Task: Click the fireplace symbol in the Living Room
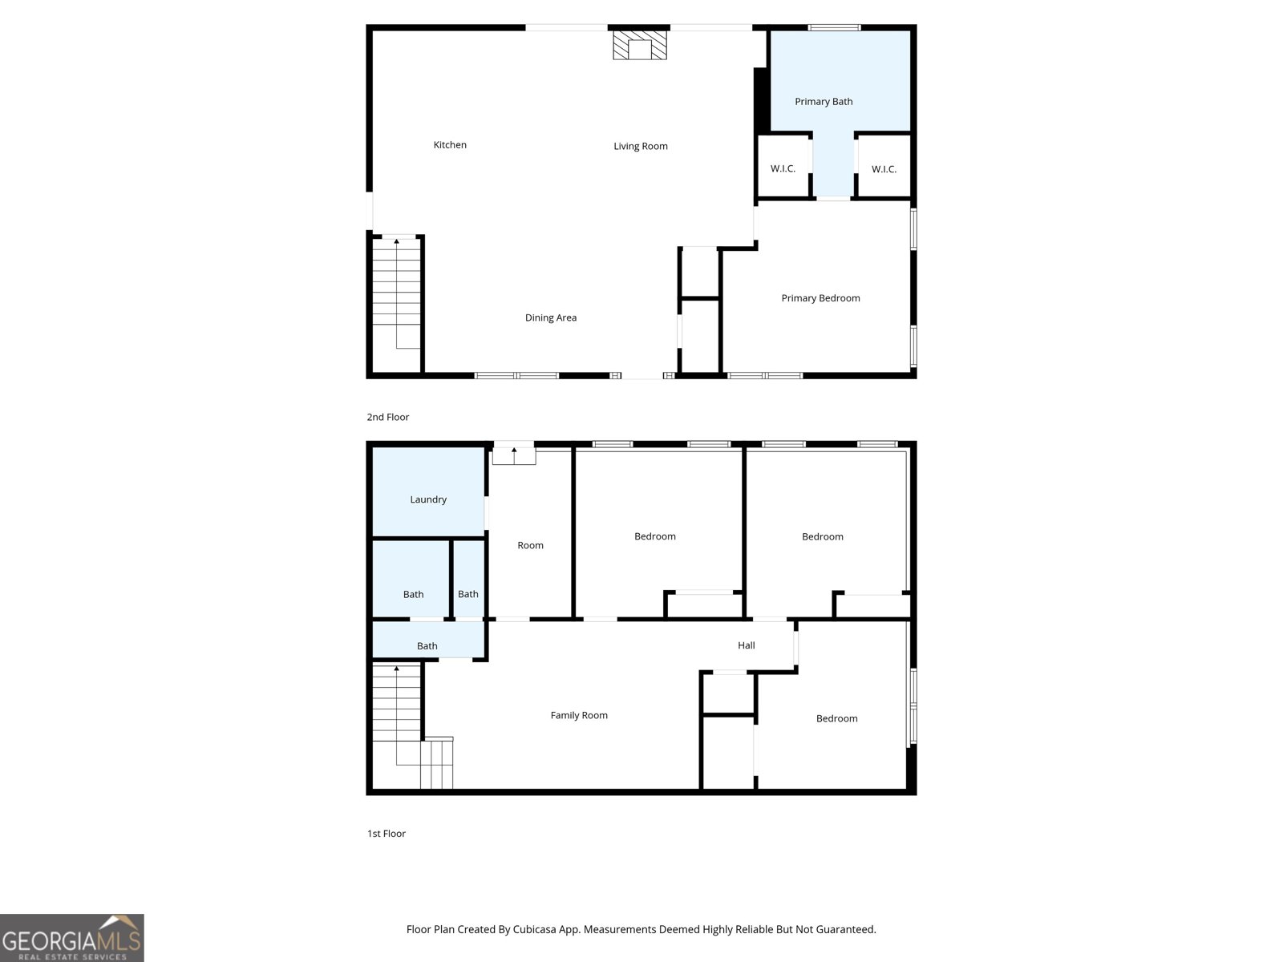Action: coord(639,45)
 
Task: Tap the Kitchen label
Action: coord(450,145)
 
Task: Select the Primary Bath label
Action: coord(824,102)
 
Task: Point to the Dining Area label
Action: coord(551,317)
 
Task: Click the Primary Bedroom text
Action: coord(820,298)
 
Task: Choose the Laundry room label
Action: coord(428,499)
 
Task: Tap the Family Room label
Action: coord(579,716)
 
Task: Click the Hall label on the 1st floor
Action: coord(746,645)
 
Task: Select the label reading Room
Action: coord(530,546)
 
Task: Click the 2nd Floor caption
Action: coord(387,417)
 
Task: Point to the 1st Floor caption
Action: coord(387,834)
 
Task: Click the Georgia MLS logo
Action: coord(72,938)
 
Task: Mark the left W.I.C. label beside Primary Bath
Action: coord(783,169)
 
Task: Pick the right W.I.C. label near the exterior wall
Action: coord(884,169)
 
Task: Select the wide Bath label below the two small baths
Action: coord(427,646)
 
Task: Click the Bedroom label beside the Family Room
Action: coord(836,718)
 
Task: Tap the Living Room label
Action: coord(641,146)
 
